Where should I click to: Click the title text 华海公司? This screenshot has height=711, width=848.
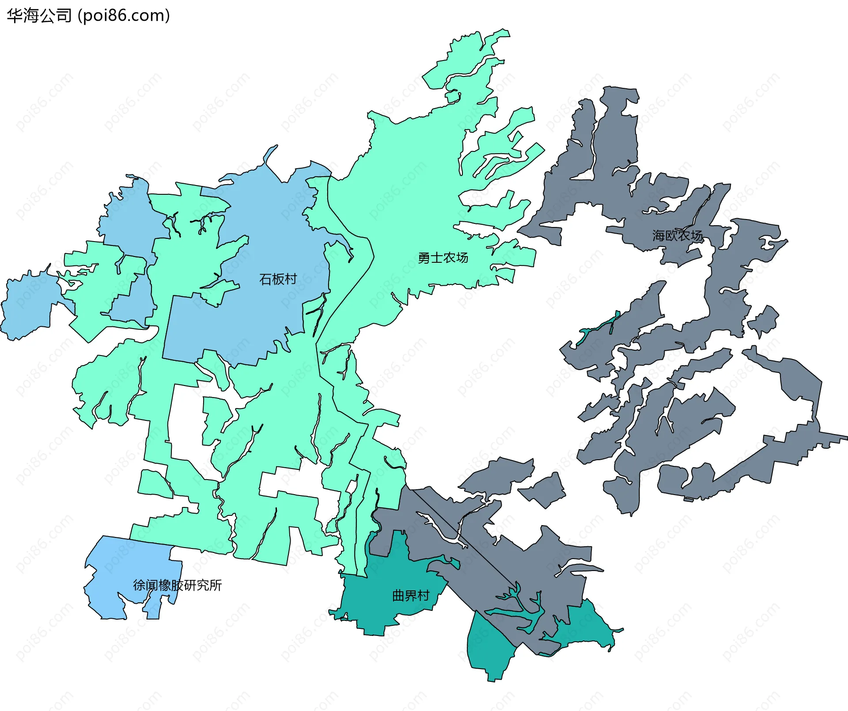(39, 16)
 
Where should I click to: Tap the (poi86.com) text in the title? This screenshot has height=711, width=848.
(124, 16)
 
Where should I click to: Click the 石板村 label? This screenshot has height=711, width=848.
(278, 279)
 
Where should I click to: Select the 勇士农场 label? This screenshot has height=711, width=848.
(443, 257)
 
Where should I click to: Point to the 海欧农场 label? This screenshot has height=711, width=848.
(677, 235)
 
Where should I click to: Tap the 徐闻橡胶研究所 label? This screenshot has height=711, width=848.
(177, 585)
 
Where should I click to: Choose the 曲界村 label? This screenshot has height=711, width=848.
(411, 596)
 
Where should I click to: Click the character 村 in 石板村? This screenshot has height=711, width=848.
(291, 279)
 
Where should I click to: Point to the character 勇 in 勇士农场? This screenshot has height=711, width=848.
(424, 257)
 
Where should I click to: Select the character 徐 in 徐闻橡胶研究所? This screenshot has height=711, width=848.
(139, 585)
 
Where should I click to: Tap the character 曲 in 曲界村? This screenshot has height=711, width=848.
(398, 596)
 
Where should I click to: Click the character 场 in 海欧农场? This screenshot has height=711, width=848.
(696, 235)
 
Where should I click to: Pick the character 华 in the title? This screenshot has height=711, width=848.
(15, 16)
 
